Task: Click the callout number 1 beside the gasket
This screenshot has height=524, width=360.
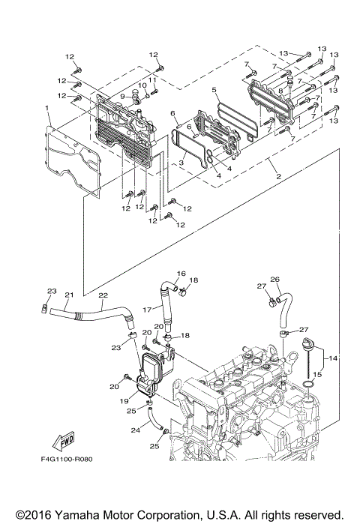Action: click(46, 109)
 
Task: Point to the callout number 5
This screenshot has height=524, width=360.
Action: click(214, 90)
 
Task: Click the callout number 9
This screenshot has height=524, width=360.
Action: click(121, 97)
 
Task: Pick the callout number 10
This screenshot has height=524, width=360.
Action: click(142, 85)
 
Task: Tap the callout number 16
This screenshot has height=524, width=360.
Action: click(180, 274)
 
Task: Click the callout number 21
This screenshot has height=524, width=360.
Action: click(68, 295)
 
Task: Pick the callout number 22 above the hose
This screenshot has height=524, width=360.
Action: click(102, 295)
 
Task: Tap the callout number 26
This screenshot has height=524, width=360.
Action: click(274, 280)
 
